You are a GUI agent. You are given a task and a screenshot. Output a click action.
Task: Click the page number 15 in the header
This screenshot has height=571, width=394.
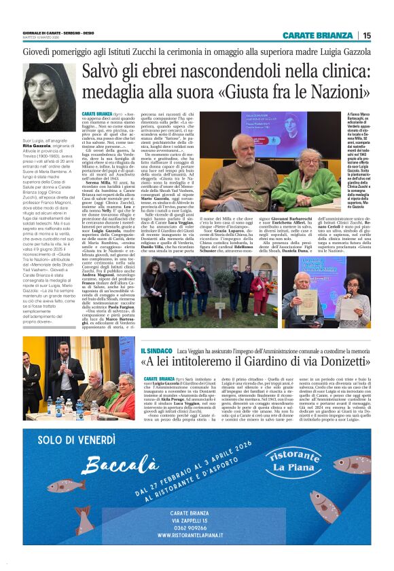click(x=367, y=35)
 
